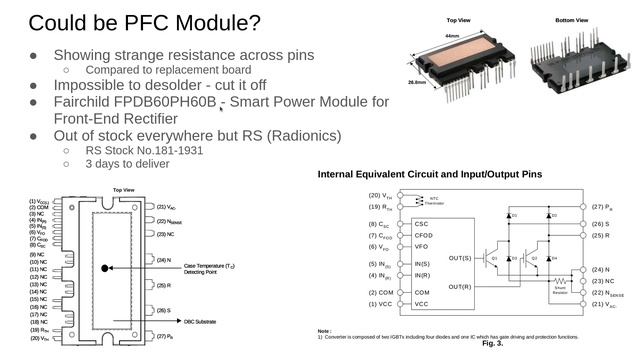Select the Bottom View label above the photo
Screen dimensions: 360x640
pos(574,19)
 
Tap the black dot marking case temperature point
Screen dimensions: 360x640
pos(105,268)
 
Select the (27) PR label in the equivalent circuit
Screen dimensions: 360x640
pos(601,206)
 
